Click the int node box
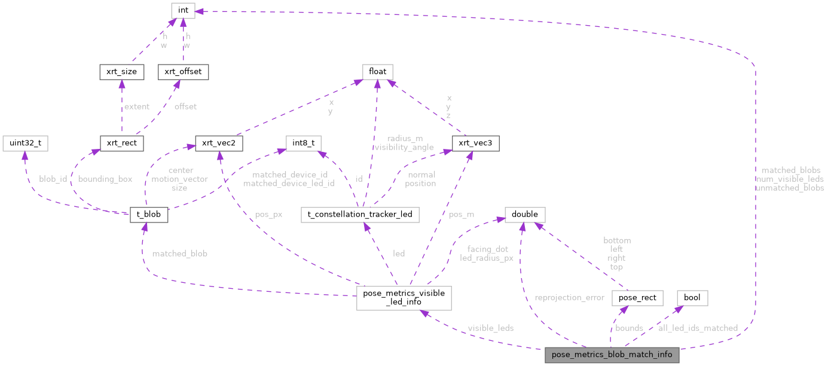click(x=183, y=10)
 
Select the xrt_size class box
click(x=121, y=72)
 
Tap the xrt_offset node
click(x=182, y=72)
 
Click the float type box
click(x=377, y=72)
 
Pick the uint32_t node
click(x=25, y=144)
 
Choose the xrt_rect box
click(x=121, y=144)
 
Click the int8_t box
click(x=304, y=144)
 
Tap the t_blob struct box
click(x=149, y=215)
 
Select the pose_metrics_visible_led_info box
click(x=404, y=297)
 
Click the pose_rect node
click(x=638, y=297)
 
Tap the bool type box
click(x=692, y=297)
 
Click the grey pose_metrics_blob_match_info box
click(x=612, y=355)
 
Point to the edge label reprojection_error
click(x=569, y=297)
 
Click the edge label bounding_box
click(x=105, y=179)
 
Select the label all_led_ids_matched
click(x=698, y=328)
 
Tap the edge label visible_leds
click(x=490, y=328)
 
